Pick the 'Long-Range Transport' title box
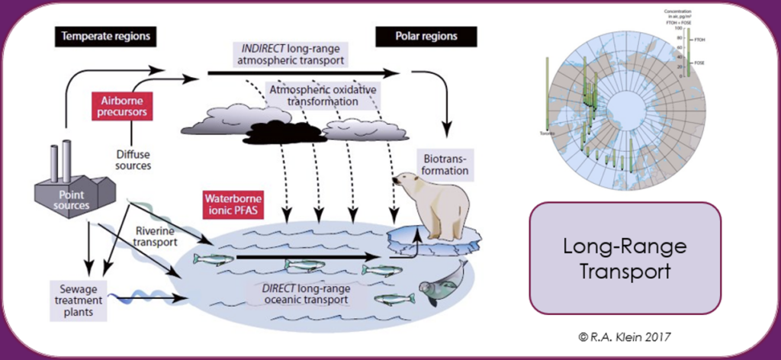625,257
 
